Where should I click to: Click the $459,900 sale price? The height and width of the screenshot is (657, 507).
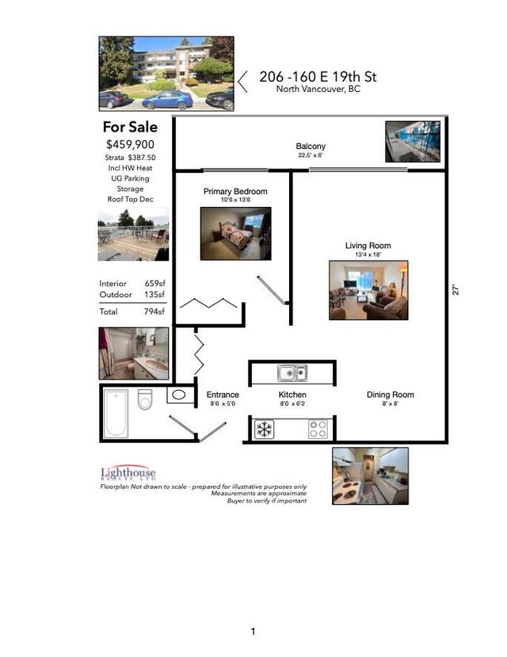[130, 144]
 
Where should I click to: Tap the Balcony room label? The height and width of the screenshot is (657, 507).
[311, 147]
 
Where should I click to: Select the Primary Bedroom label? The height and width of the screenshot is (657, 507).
[235, 192]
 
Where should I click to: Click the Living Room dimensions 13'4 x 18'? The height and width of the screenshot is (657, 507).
[368, 254]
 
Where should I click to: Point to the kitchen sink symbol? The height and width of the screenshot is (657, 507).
[292, 372]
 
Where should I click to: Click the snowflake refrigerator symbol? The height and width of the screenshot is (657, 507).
[264, 430]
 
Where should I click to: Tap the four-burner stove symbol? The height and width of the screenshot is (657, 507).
[318, 430]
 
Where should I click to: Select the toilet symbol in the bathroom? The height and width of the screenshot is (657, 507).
[145, 399]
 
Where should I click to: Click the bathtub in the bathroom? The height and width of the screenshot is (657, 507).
[116, 414]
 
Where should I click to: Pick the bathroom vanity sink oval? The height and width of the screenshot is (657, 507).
[179, 395]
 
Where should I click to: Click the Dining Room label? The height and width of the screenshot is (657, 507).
[391, 395]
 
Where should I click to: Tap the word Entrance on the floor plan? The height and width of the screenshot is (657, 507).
[223, 395]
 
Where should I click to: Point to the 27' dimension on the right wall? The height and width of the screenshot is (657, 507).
[456, 290]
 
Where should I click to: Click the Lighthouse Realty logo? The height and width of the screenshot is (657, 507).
[128, 472]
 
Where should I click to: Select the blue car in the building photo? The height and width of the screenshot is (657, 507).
[167, 100]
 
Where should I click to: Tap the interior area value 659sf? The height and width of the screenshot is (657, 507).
[155, 284]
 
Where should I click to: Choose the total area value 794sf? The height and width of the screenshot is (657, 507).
[154, 311]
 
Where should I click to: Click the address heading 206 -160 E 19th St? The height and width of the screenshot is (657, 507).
[318, 77]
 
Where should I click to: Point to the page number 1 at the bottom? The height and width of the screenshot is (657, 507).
[253, 632]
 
